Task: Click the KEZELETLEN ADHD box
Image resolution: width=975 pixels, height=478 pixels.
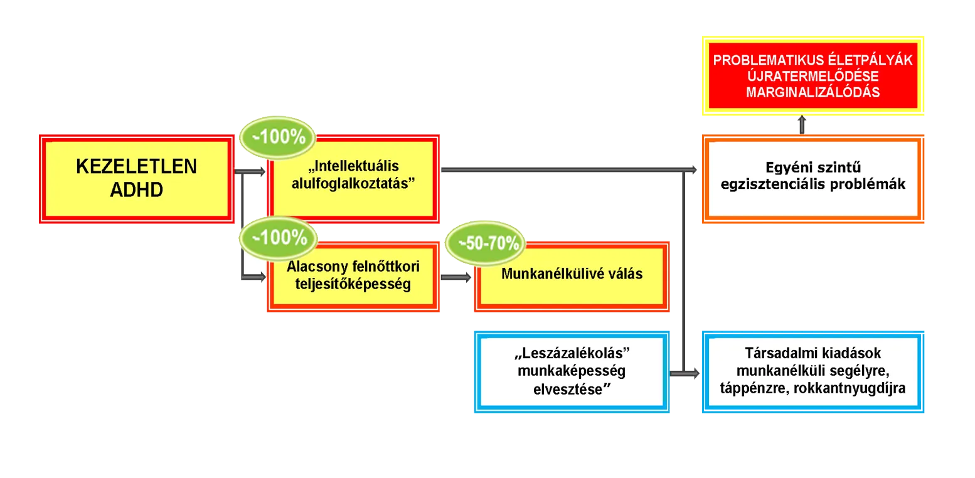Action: point(136,178)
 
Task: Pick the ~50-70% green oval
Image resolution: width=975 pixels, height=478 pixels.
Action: point(483,244)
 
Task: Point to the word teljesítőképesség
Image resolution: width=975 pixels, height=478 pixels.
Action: point(353,284)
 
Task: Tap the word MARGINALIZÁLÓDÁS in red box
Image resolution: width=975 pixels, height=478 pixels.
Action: point(812,92)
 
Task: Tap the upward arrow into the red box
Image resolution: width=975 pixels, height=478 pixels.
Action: point(802,125)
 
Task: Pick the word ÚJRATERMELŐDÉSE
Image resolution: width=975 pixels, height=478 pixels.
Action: point(812,77)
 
